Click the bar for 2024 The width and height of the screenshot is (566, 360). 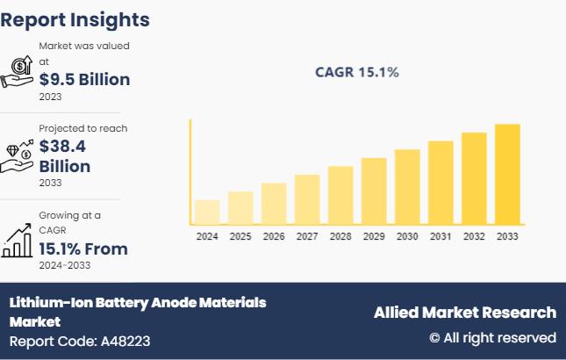207,212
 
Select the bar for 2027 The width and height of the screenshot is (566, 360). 307,199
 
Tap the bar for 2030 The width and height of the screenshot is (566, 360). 407,186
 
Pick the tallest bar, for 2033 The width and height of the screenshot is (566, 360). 507,174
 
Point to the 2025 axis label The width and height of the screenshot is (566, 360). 240,237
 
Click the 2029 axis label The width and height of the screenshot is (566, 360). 374,237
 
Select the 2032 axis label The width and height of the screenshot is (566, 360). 474,237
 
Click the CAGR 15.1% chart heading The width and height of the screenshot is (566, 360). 357,72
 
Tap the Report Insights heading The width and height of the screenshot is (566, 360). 75,19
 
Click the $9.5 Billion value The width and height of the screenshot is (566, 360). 84,80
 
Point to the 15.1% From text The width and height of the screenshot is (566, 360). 83,249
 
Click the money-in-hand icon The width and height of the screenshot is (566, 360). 18,73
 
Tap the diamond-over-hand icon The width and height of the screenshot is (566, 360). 18,155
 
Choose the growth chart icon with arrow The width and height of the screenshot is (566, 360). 18,240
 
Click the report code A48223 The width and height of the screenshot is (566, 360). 125,342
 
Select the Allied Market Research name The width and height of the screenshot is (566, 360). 465,313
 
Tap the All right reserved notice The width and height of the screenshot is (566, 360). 492,338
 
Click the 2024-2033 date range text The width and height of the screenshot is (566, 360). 64,265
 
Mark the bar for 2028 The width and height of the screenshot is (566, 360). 340,195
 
